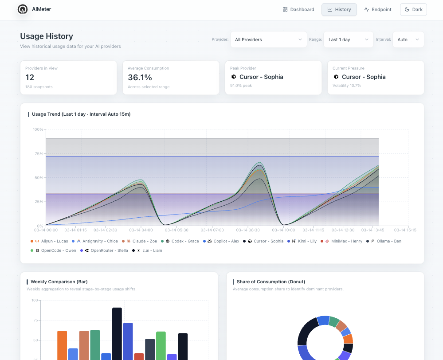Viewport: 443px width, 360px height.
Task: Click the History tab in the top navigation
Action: coord(339,9)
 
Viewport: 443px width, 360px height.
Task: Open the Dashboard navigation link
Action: coord(298,9)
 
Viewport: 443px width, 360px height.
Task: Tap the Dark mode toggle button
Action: coord(413,9)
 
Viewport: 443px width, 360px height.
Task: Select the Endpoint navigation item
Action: coord(378,9)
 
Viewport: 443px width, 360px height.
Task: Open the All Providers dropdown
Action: coord(268,39)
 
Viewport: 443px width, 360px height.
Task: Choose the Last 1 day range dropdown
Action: coord(348,39)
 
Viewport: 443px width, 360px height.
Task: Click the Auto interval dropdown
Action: coord(408,39)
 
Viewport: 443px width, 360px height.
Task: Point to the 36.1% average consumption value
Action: coord(140,77)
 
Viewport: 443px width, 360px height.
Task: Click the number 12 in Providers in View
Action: coord(30,77)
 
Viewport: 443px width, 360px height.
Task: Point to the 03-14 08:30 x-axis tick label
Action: coord(248,230)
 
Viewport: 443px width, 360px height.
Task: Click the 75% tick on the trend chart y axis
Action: coord(39,154)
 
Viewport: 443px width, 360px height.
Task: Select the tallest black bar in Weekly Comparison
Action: coord(117,333)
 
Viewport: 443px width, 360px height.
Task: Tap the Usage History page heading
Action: coord(47,36)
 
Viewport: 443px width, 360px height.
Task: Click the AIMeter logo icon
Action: coord(22,9)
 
